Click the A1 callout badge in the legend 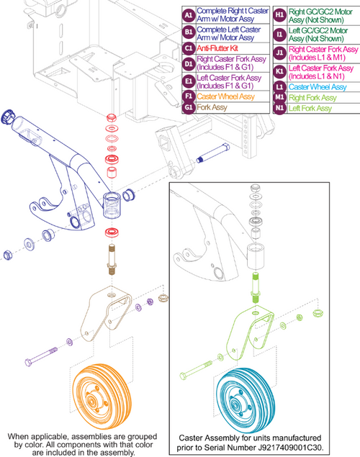tap(189, 15)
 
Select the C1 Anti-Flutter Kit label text tap(217, 48)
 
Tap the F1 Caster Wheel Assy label tap(225, 96)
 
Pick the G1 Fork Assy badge tap(189, 107)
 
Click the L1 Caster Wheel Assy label tap(318, 87)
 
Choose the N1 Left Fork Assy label tap(310, 109)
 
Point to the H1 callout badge tap(279, 15)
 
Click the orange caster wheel tap(102, 396)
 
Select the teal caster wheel tap(246, 400)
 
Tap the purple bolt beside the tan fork tap(41, 356)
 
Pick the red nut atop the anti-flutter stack tap(112, 118)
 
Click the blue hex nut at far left tap(7, 255)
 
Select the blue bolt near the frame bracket tap(213, 153)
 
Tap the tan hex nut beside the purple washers tap(163, 298)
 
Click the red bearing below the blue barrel tap(111, 232)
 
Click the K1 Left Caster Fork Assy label tap(321, 72)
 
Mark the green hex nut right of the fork tap(318, 313)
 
